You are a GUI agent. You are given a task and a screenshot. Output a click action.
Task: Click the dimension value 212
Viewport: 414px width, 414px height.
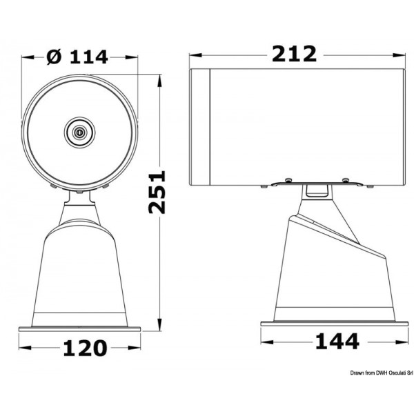point(294,53)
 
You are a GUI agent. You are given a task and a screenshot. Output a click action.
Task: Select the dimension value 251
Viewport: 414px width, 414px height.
point(159,193)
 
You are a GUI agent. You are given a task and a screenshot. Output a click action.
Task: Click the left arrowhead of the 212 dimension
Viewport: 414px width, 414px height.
point(193,55)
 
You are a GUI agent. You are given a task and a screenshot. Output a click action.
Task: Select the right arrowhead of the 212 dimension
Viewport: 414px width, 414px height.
point(402,55)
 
